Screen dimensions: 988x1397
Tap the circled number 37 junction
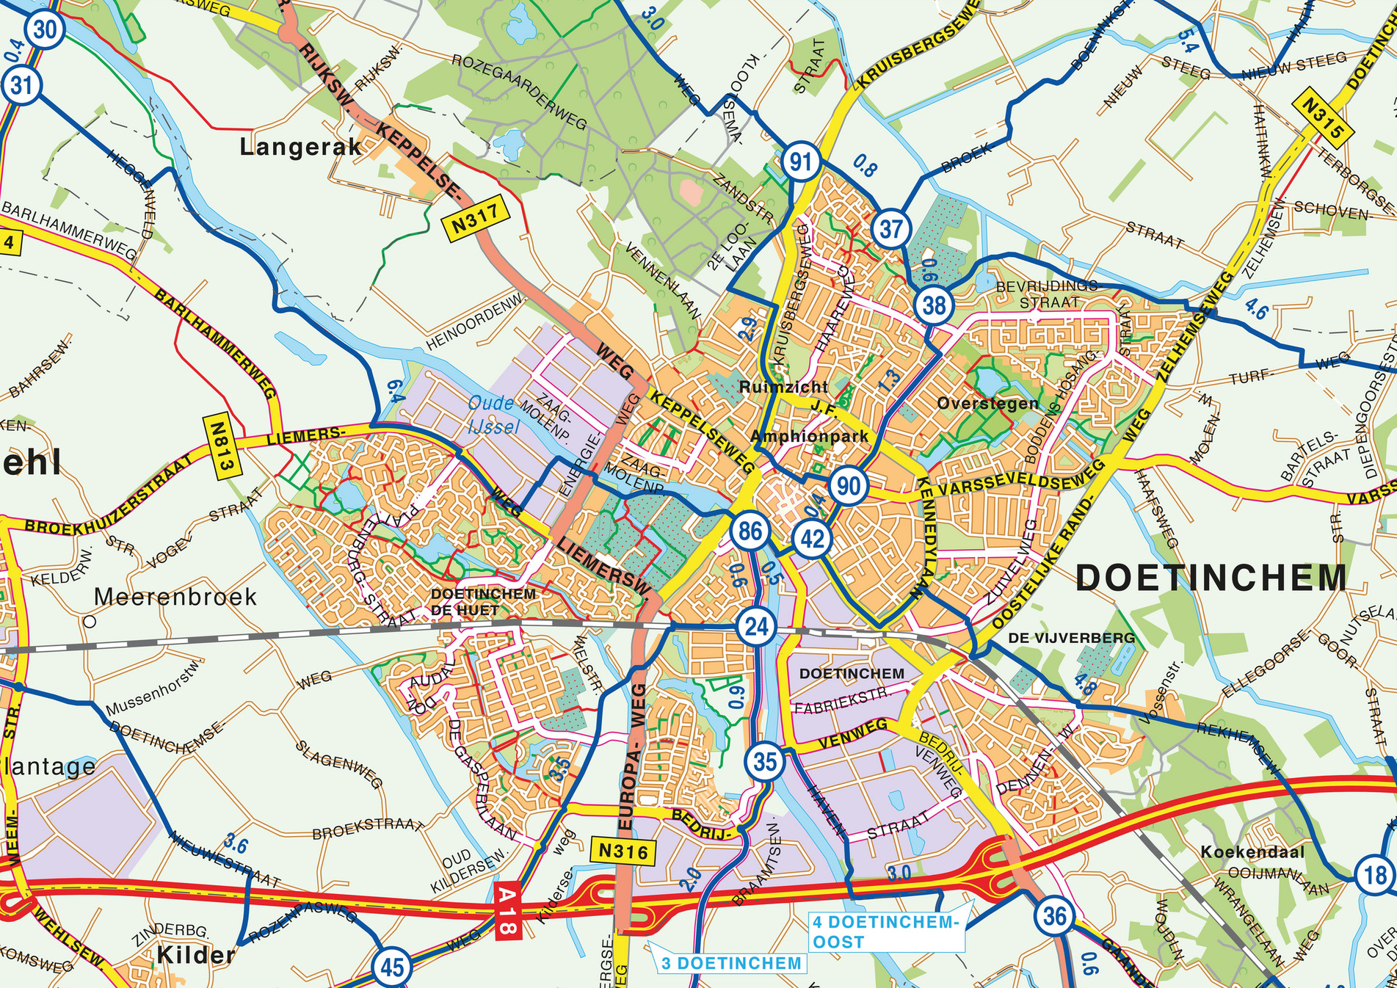[890, 228]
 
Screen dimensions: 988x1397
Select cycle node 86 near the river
[750, 531]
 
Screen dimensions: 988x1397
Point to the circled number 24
[756, 626]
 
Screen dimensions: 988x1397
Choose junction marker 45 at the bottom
[391, 967]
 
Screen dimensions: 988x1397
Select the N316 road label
[623, 851]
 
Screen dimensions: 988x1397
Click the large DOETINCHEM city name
[1211, 578]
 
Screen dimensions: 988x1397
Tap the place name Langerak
[301, 147]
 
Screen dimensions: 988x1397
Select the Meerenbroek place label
[175, 596]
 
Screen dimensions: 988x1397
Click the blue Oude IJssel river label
[492, 415]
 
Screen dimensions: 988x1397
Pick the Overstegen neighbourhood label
[988, 403]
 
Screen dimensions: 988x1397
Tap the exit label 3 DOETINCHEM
[730, 963]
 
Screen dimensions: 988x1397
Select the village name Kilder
[195, 954]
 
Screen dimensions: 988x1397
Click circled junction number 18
[1374, 874]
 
